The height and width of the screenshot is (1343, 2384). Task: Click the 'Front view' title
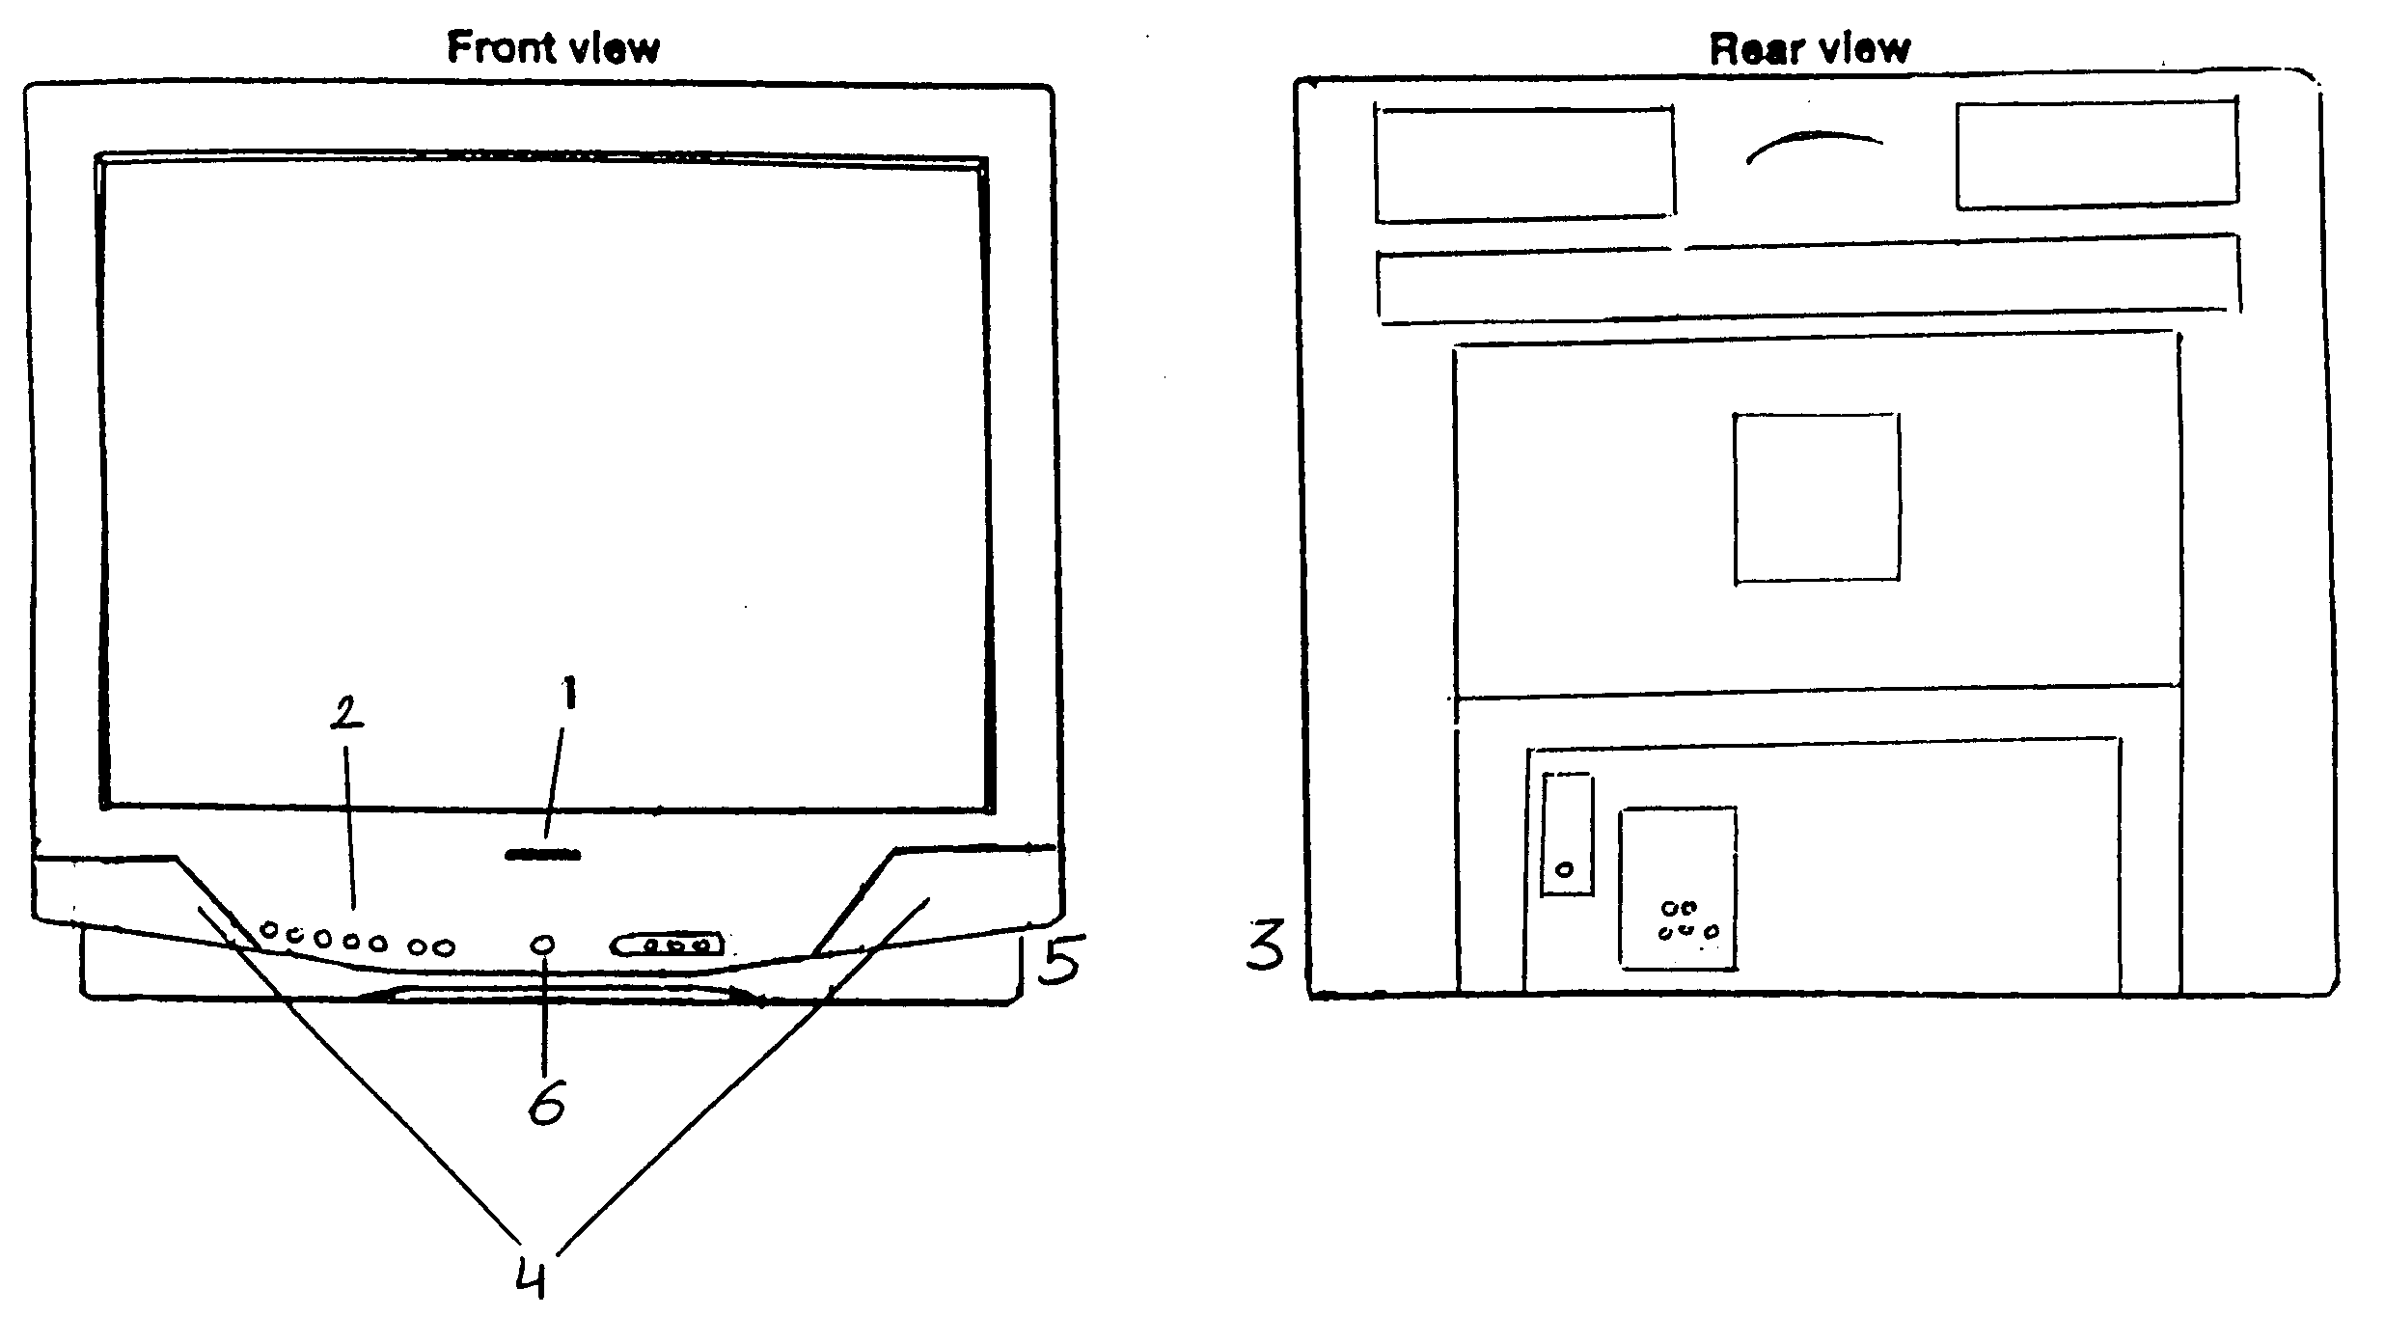(x=553, y=48)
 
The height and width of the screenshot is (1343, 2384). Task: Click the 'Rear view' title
(x=1809, y=48)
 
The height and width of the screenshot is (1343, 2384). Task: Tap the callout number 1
(x=570, y=693)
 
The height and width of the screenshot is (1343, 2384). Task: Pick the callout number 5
(x=1060, y=958)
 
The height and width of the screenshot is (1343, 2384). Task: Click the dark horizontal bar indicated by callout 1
(x=542, y=855)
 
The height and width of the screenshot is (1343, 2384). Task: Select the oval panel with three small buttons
(x=668, y=944)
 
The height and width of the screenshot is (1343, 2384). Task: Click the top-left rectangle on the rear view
(x=1524, y=164)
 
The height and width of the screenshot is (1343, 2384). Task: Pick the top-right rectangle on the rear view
(x=2096, y=154)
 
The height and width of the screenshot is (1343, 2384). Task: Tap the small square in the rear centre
(x=1817, y=498)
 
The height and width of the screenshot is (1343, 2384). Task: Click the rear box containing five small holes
(x=1678, y=888)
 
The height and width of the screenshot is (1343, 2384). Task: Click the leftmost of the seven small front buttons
(x=270, y=929)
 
